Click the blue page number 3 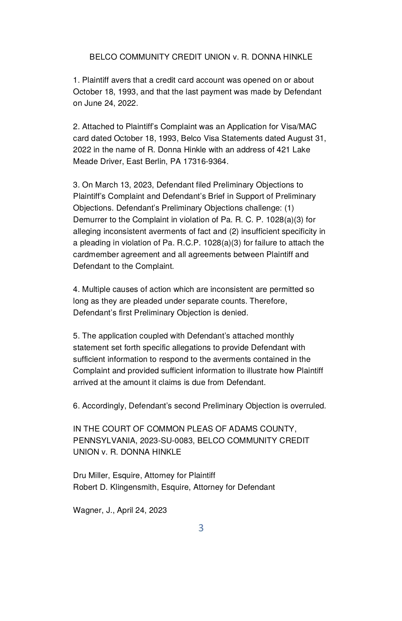tap(201, 528)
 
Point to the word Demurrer tap(89, 220)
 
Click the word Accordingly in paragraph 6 tap(104, 406)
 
